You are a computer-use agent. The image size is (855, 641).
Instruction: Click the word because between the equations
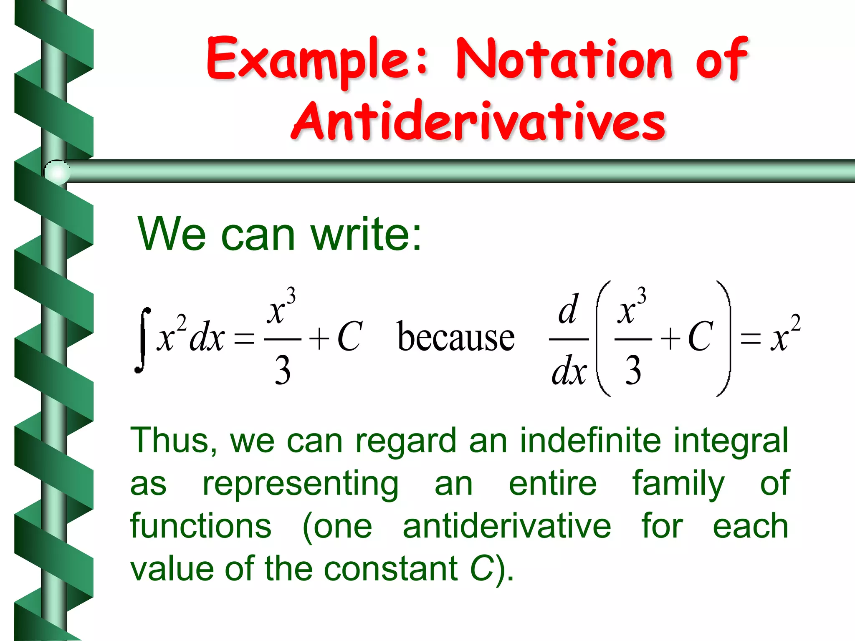point(456,337)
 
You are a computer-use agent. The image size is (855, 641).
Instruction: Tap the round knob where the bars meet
point(57,172)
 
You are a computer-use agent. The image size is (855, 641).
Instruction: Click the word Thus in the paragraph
point(173,441)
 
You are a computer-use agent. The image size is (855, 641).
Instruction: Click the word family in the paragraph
point(678,484)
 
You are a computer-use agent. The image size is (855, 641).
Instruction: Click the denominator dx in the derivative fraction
point(569,371)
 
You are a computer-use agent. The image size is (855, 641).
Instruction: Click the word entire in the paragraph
point(553,484)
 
